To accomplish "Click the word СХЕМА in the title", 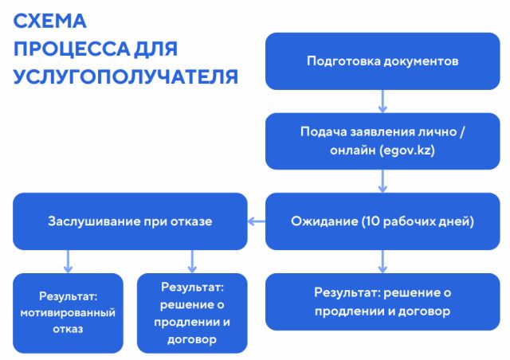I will click(x=49, y=21).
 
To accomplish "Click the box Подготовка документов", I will click(x=382, y=61).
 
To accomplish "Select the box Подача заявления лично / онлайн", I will click(x=382, y=140).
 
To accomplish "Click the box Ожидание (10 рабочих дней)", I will click(x=382, y=221).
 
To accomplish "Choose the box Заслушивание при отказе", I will click(x=130, y=221).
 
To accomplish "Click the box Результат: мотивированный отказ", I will click(x=68, y=312).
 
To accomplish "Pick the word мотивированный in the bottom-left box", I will click(x=68, y=312).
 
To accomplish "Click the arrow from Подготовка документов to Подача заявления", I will click(x=382, y=100).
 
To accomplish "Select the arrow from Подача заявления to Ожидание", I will click(x=382, y=181).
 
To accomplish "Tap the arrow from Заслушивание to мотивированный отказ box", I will click(x=68, y=260).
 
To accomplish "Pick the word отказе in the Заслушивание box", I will click(x=193, y=221).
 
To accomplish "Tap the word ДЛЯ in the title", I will click(x=156, y=49).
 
